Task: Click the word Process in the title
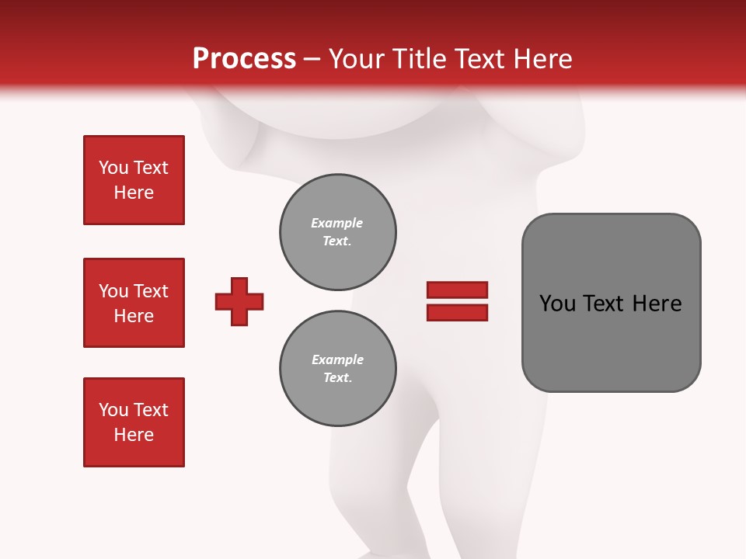click(x=244, y=59)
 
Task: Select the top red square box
click(x=134, y=180)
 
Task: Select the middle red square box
click(x=134, y=303)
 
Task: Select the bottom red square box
click(x=134, y=422)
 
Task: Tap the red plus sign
click(x=239, y=301)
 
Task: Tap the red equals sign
click(x=457, y=301)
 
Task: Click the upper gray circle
click(x=338, y=232)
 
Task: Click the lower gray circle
click(x=338, y=369)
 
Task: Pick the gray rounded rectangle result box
click(x=611, y=303)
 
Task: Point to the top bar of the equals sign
click(x=457, y=290)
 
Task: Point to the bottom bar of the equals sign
click(x=457, y=313)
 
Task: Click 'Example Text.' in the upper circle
click(x=337, y=232)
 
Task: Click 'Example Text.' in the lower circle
click(x=337, y=369)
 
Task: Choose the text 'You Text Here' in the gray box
click(x=610, y=304)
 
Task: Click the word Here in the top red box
click(x=134, y=193)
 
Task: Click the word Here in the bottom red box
click(x=134, y=435)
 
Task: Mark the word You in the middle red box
click(x=113, y=291)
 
